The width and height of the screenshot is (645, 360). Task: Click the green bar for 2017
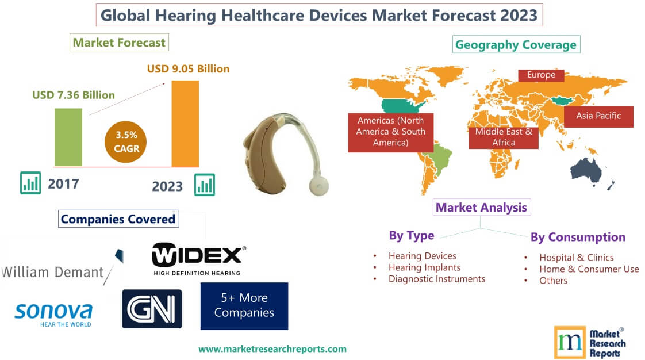[x=68, y=137]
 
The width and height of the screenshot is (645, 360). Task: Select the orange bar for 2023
[x=185, y=123]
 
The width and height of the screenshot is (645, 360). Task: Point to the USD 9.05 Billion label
[x=188, y=69]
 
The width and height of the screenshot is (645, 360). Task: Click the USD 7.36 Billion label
[x=73, y=95]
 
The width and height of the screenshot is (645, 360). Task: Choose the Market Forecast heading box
[x=119, y=42]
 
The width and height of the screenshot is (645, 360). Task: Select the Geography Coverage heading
[x=516, y=44]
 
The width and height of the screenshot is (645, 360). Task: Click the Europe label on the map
[x=540, y=75]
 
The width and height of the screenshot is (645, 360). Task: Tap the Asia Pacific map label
[x=598, y=116]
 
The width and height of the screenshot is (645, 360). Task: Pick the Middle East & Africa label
[x=504, y=137]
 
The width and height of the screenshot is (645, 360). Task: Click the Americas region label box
[x=390, y=132]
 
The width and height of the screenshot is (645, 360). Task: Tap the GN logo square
[x=152, y=309]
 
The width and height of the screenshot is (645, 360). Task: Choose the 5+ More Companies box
[x=244, y=305]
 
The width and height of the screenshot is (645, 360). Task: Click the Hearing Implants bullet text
[x=424, y=267]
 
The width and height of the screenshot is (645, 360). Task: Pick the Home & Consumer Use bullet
[x=589, y=269]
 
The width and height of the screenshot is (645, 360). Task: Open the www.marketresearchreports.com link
[x=272, y=348]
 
